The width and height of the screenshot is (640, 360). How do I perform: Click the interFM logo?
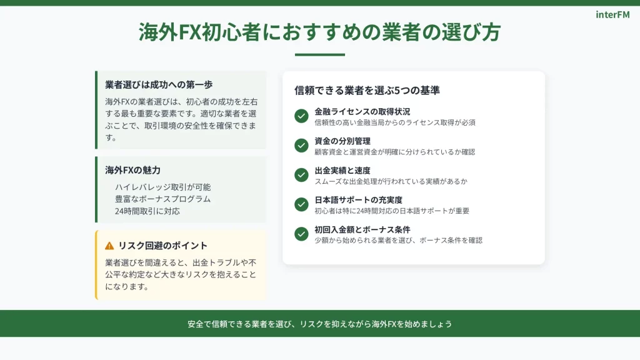(612, 15)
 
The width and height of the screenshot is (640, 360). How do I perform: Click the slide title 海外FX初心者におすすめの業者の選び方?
(319, 32)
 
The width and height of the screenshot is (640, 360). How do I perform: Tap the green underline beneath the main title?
(319, 54)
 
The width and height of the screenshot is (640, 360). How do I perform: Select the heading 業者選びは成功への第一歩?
(159, 84)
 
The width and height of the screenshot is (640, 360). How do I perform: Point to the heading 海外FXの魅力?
(132, 170)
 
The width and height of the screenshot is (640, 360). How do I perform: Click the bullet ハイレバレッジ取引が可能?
(162, 187)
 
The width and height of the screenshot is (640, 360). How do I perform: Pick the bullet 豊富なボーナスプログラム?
(162, 199)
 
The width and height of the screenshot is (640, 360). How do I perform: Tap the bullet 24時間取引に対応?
(147, 211)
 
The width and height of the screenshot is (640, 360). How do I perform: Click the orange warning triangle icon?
(109, 246)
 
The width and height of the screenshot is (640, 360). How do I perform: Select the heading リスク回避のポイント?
(163, 245)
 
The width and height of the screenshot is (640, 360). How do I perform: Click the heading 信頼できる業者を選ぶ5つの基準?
(367, 90)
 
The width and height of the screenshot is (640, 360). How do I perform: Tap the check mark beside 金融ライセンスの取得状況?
(301, 116)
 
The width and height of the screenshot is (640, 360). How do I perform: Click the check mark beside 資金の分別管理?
(301, 145)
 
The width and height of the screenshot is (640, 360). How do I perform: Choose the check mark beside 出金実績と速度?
(301, 175)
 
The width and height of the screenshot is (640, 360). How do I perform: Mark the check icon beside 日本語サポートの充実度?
(301, 204)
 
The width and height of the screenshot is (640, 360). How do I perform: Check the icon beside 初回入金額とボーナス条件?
(301, 234)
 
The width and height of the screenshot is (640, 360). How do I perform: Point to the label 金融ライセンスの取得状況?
(362, 111)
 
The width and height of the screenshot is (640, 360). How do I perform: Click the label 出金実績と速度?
(342, 170)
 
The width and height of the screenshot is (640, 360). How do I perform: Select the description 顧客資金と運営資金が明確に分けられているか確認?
(395, 152)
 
